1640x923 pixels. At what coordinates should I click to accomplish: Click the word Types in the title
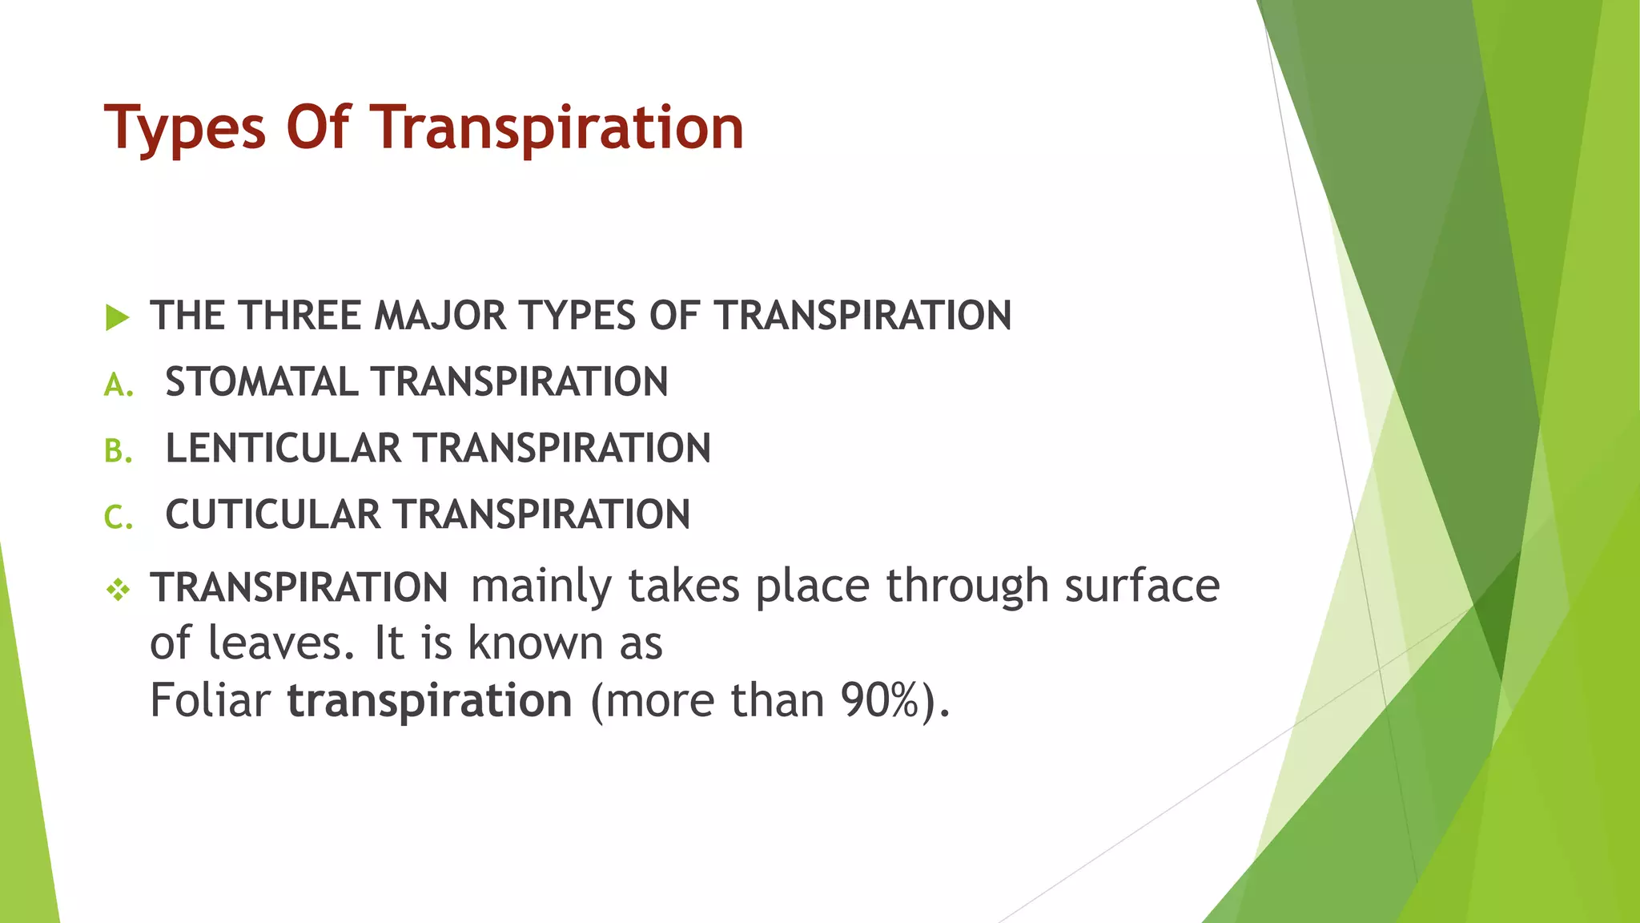(x=185, y=128)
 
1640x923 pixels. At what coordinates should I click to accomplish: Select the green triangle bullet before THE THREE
(x=117, y=317)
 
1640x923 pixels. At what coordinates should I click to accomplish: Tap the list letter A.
(x=118, y=385)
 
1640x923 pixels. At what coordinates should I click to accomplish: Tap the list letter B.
(x=118, y=452)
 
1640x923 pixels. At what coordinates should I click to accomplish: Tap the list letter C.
(x=118, y=518)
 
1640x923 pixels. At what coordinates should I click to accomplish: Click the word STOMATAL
(x=260, y=381)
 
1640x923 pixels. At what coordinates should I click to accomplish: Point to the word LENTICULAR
(x=283, y=448)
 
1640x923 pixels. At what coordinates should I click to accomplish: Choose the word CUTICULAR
(x=272, y=514)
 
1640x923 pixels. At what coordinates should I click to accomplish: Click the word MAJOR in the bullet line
(x=440, y=316)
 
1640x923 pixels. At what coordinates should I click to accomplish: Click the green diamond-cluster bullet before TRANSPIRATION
(x=118, y=591)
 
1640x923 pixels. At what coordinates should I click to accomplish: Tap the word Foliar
(x=210, y=700)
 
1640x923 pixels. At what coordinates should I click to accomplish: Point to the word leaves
(x=280, y=643)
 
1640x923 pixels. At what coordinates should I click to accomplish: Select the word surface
(x=1141, y=585)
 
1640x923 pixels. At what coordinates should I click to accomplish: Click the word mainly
(x=541, y=586)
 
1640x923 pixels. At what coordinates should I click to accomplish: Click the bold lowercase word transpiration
(x=429, y=702)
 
